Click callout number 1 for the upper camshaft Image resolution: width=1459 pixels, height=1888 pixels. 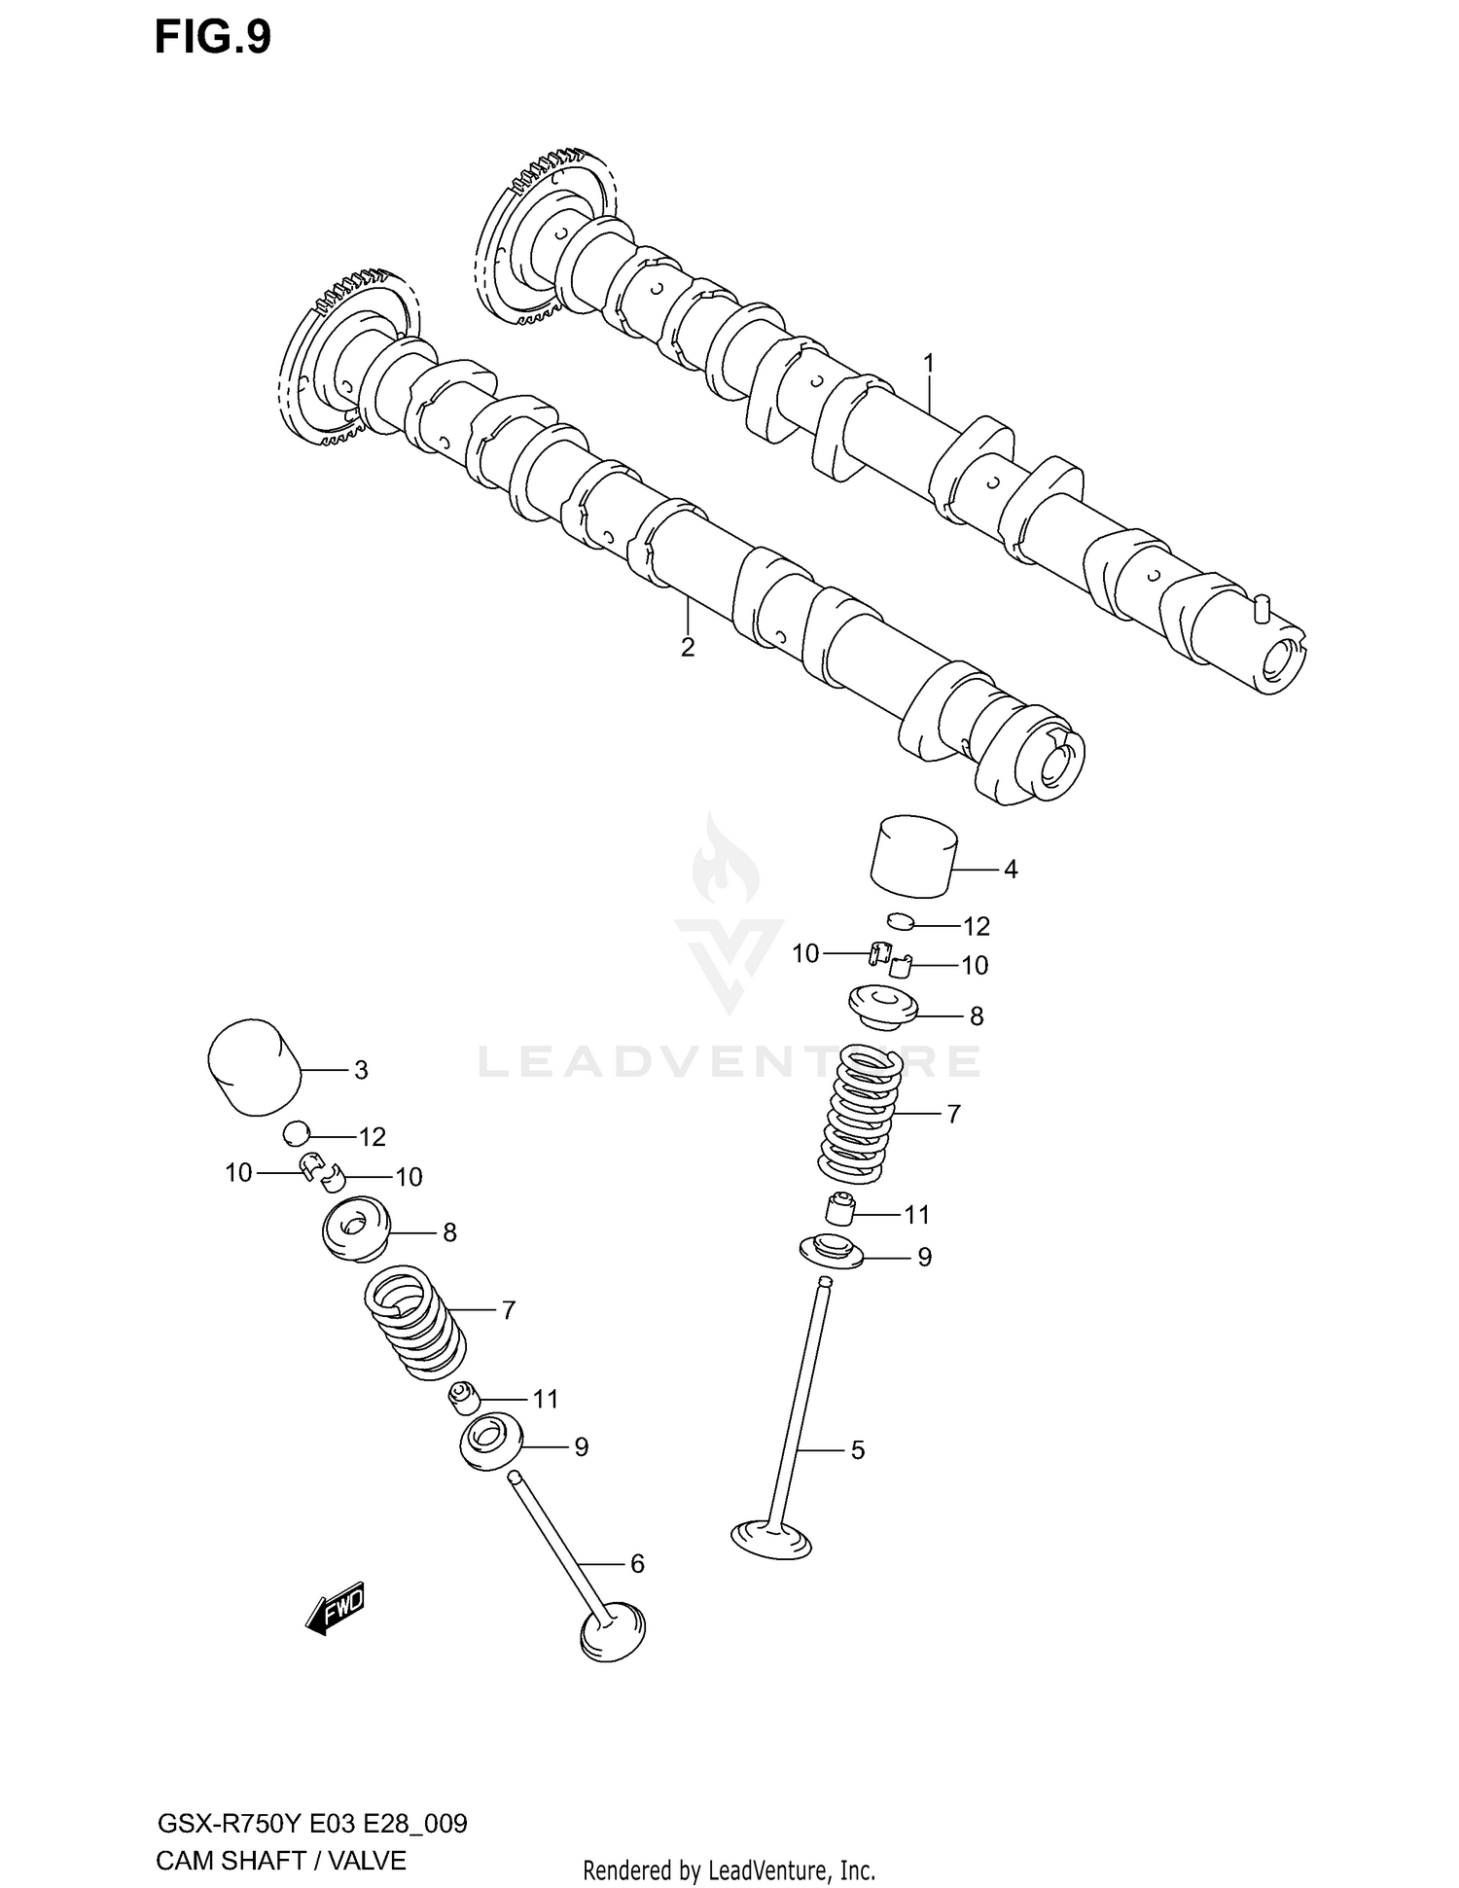(928, 363)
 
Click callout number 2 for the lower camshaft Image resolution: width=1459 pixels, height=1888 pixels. (688, 648)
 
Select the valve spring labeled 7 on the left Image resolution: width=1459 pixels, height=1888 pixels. (413, 1319)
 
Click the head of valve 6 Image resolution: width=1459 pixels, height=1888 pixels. (612, 1630)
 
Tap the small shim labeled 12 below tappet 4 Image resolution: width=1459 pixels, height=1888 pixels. (902, 920)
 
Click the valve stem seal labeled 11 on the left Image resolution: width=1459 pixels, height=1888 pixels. (464, 1399)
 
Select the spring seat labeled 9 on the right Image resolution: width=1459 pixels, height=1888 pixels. (831, 1251)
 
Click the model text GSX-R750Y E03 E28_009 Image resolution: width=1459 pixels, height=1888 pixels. (311, 1823)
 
